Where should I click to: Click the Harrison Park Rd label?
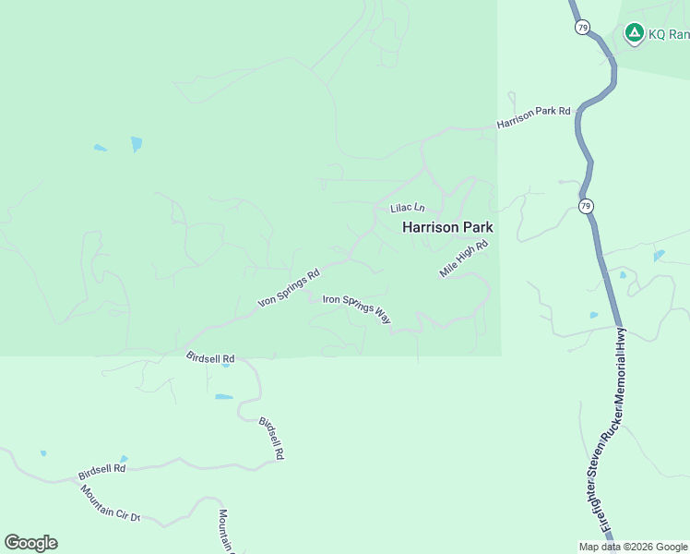[533, 117]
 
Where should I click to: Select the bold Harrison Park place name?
[447, 227]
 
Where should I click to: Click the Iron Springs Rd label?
[288, 288]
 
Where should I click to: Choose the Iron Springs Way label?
[357, 307]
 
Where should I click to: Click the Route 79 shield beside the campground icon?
[582, 28]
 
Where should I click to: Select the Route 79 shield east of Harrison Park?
[586, 206]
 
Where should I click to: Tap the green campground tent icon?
[634, 34]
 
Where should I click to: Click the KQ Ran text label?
[669, 34]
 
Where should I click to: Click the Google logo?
[30, 543]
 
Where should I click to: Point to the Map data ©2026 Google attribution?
[634, 547]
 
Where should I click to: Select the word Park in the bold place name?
[475, 227]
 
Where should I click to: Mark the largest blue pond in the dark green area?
[137, 143]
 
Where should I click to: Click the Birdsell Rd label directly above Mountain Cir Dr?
[101, 471]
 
